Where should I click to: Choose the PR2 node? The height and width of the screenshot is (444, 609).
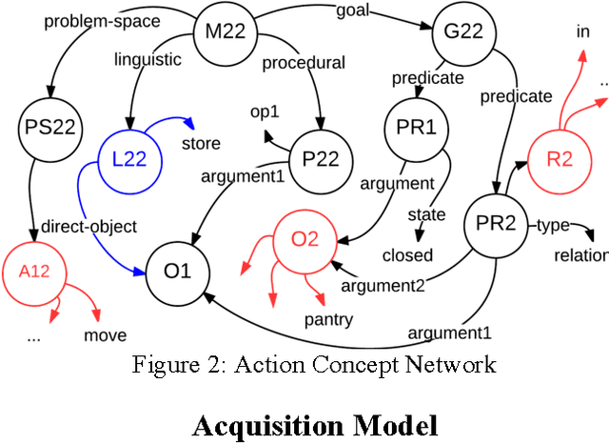(496, 225)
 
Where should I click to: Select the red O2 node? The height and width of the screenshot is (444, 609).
(304, 238)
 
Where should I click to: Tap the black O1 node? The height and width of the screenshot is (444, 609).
(177, 271)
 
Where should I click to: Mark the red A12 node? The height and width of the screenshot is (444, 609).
(33, 270)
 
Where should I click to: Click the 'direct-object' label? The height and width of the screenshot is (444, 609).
(89, 227)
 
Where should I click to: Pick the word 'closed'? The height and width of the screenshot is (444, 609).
(407, 254)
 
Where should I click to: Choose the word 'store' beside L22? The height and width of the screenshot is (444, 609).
(201, 144)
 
